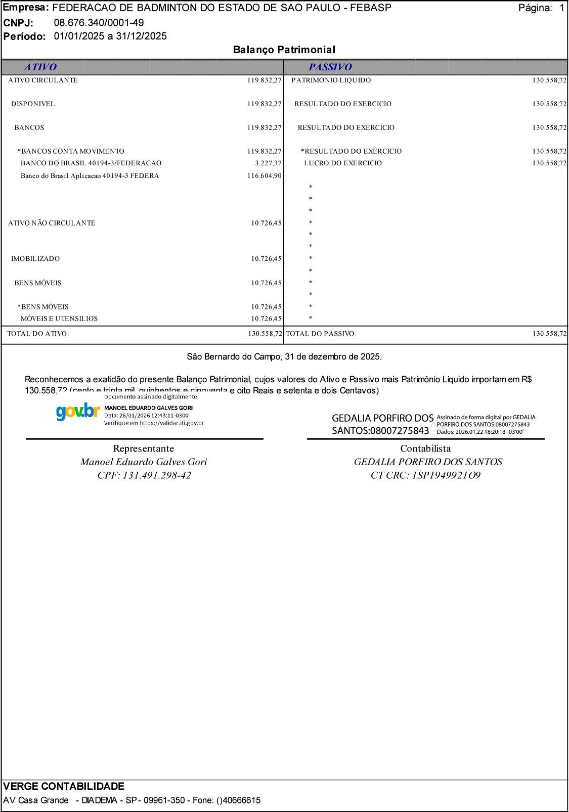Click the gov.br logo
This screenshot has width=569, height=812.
(77, 412)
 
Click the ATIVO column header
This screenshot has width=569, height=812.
(40, 67)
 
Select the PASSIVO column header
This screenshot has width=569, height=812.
(330, 67)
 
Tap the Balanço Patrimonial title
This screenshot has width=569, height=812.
(284, 50)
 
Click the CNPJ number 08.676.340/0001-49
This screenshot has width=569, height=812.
(99, 23)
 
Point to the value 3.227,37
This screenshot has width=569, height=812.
(268, 163)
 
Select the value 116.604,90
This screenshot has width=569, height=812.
(264, 176)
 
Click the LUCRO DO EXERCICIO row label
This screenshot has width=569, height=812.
(343, 163)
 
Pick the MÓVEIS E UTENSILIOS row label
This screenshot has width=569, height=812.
(59, 319)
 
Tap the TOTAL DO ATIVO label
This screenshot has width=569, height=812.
(38, 334)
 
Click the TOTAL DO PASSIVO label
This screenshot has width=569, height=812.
(321, 334)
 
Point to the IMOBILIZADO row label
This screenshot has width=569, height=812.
(35, 259)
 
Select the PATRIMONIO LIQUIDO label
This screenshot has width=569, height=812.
(331, 80)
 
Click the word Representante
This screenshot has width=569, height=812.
(144, 448)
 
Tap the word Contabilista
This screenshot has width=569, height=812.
(425, 448)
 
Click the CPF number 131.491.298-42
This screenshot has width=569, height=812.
(157, 475)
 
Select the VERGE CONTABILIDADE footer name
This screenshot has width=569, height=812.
(64, 786)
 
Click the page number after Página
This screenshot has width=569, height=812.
(561, 8)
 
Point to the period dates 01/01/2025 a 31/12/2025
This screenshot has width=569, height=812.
(110, 36)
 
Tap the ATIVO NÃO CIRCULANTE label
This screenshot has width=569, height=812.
(52, 223)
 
